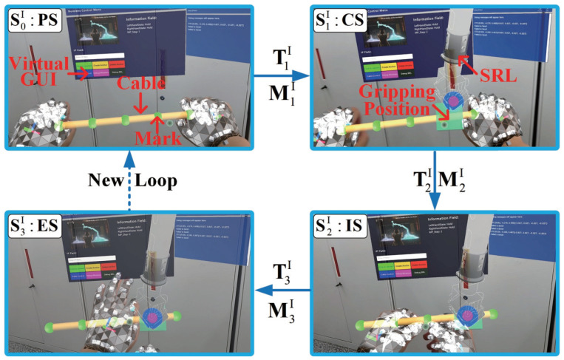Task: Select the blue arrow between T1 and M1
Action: pos(280,75)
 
